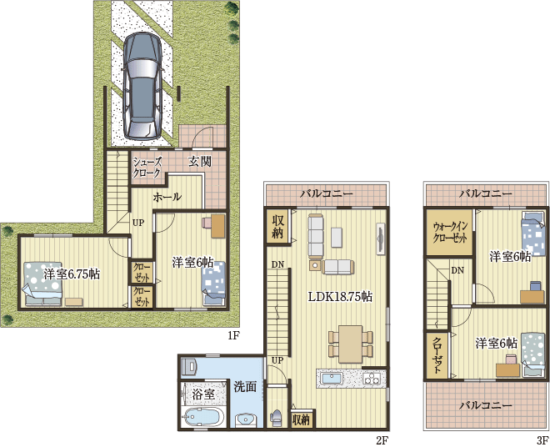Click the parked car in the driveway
point(142,86)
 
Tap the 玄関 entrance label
point(200,162)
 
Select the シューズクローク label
point(147,168)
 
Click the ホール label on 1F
point(167,197)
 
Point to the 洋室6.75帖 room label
point(72,274)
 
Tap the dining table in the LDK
point(350,344)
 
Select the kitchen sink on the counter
point(332,379)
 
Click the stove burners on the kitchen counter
point(372,379)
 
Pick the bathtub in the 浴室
point(204,417)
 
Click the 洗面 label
point(245,387)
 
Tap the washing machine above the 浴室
point(190,367)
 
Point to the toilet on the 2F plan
point(276,418)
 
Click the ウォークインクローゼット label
point(450,232)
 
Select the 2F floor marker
point(382,440)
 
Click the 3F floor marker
point(542,440)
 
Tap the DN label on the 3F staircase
point(457,270)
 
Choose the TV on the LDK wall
point(381,238)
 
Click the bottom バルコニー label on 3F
point(486,405)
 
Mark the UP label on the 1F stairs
point(137,223)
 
